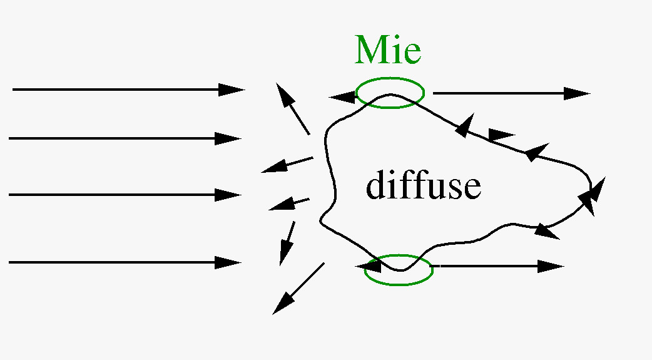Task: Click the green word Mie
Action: [388, 50]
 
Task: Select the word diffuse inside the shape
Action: [424, 186]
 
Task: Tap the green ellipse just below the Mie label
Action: [390, 93]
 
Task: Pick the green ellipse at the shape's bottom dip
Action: [399, 270]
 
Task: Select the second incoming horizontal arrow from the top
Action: [125, 138]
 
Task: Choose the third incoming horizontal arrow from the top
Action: [125, 195]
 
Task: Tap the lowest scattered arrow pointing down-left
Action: [298, 288]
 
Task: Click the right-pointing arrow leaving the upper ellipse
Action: [510, 94]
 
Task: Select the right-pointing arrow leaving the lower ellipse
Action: [497, 266]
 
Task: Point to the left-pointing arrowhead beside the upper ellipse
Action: [342, 97]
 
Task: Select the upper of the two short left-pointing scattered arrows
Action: [287, 165]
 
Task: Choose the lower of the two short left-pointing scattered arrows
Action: [289, 204]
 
